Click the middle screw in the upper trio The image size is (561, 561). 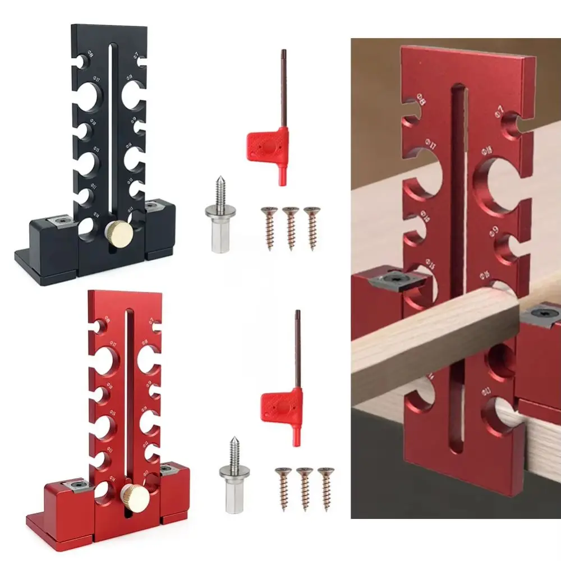click(291, 227)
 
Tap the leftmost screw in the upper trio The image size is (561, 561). click(270, 227)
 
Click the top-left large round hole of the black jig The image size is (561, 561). click(88, 97)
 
